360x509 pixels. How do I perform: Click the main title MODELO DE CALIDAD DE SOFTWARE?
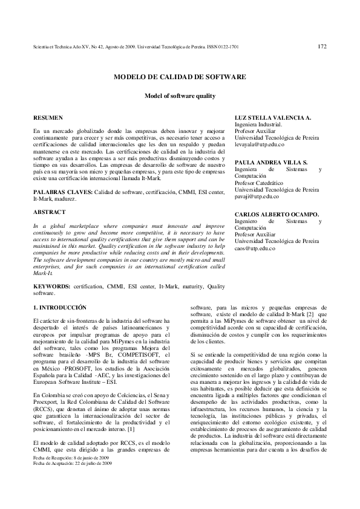[180, 77]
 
